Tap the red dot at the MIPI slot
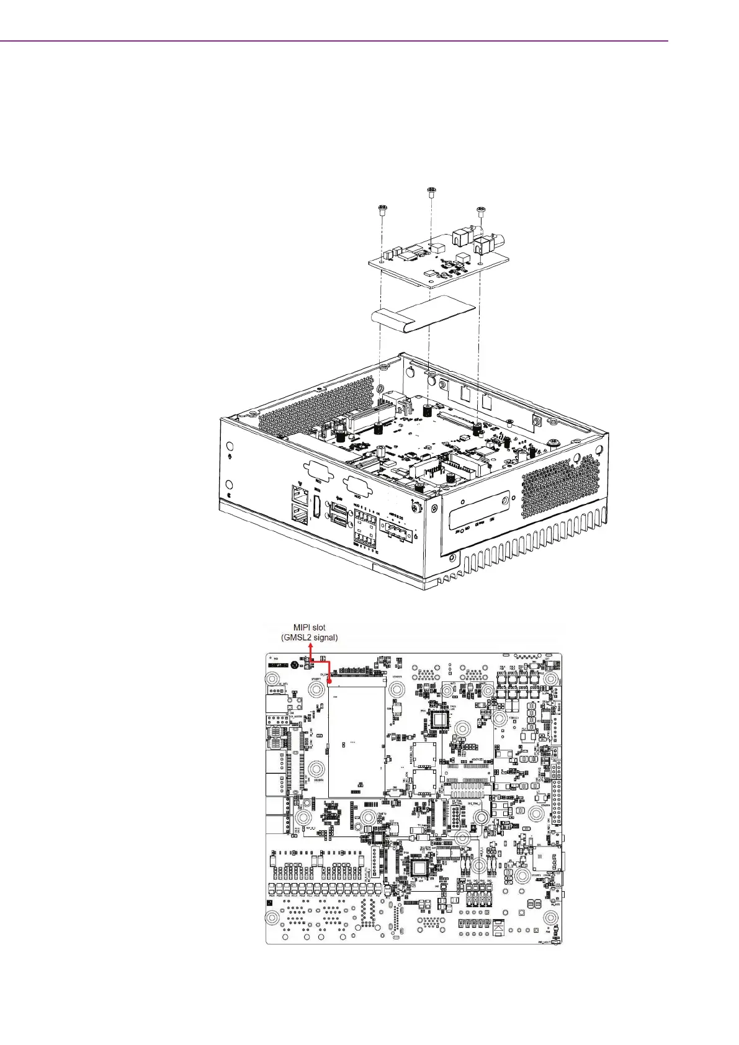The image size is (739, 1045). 329,681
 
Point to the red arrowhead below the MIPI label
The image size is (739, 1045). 309,647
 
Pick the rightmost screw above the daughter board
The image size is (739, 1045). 480,211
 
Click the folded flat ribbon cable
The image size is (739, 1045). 421,313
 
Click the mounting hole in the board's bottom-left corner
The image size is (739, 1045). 272,918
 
